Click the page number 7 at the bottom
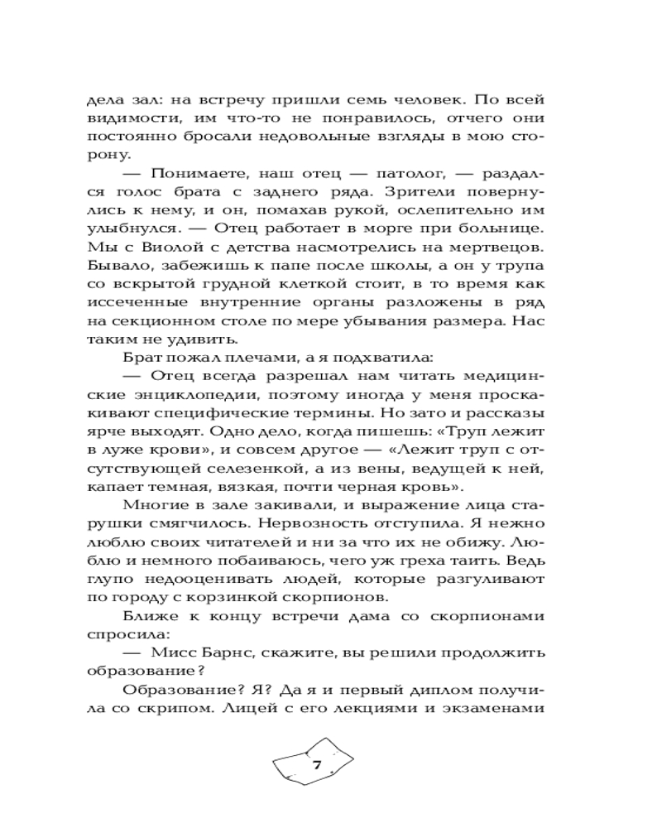tap(317, 763)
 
